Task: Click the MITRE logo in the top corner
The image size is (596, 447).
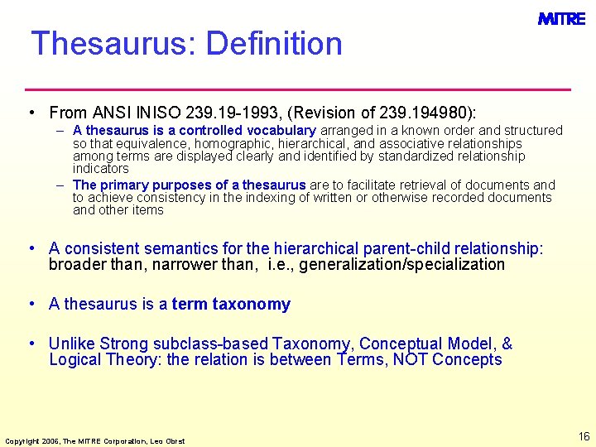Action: point(561,18)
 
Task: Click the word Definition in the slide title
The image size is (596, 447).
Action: point(274,43)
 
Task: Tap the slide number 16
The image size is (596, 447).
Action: point(584,436)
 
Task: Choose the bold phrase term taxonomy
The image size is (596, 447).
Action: point(231,304)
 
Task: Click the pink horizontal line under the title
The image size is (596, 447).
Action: point(298,89)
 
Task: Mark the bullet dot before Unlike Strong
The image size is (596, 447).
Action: point(30,343)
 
